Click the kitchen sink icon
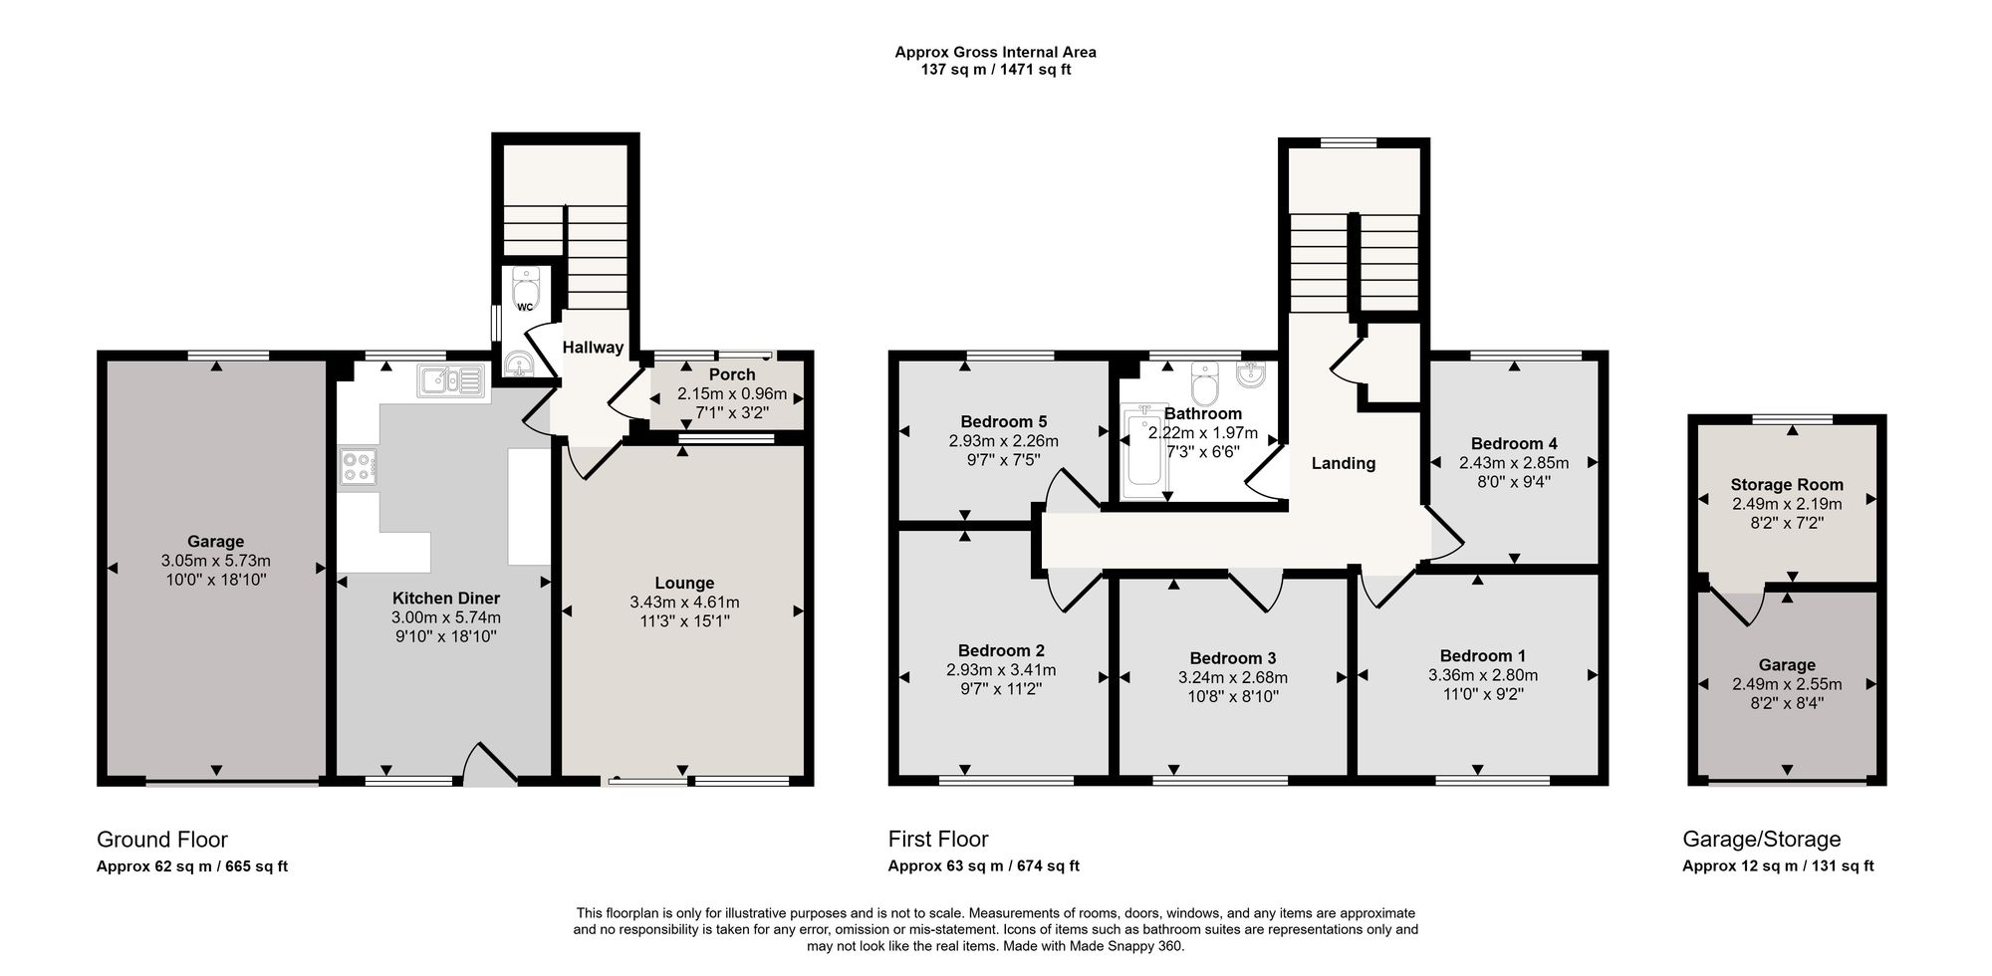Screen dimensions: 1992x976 click(x=451, y=380)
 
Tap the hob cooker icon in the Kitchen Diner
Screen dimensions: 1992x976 click(x=359, y=468)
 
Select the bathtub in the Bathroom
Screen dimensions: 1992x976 click(x=1142, y=453)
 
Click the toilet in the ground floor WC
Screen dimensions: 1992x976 click(x=525, y=290)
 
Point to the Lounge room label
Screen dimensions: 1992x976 click(x=684, y=584)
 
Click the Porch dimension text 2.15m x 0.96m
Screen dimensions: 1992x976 click(x=732, y=393)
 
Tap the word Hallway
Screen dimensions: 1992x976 click(x=593, y=348)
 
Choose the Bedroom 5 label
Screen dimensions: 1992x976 click(x=1004, y=422)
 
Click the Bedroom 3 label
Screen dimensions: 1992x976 click(x=1233, y=658)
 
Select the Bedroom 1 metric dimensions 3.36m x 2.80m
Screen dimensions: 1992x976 click(x=1482, y=675)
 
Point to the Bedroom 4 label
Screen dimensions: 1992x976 click(x=1514, y=444)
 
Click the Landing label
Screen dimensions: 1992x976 click(x=1344, y=463)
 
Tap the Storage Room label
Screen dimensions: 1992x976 click(x=1787, y=485)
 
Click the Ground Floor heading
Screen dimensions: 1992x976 click(x=162, y=840)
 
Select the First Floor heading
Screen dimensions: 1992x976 click(x=938, y=840)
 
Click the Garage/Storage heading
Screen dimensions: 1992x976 click(x=1762, y=840)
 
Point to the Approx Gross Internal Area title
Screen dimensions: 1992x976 click(x=995, y=52)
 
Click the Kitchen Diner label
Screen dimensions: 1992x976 click(x=446, y=599)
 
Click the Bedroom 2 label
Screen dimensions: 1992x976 click(x=1001, y=651)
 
